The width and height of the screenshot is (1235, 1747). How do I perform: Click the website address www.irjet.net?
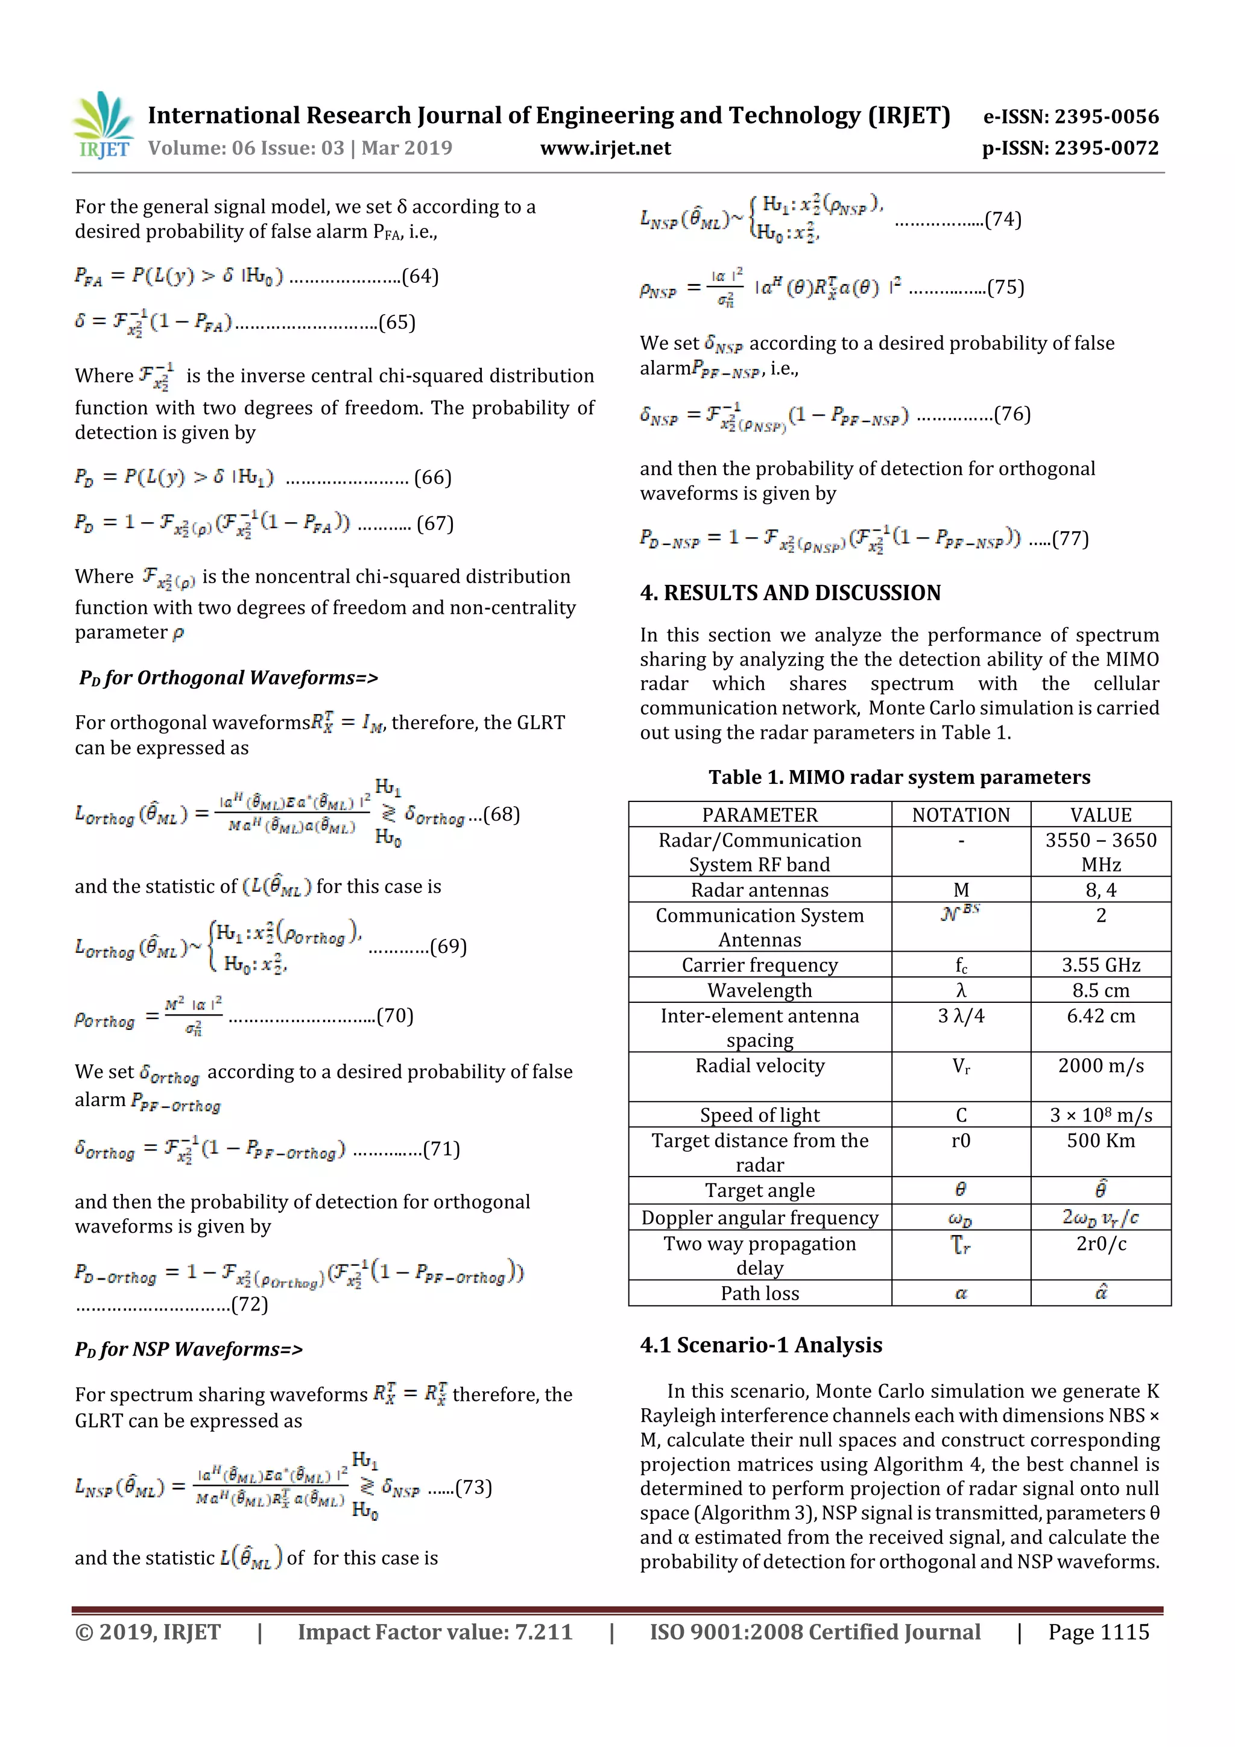pyautogui.click(x=605, y=148)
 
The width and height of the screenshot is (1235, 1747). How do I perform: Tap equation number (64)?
pyautogui.click(x=420, y=276)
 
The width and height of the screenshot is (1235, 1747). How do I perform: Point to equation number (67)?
pyautogui.click(x=435, y=523)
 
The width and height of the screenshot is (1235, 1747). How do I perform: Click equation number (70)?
pyautogui.click(x=395, y=1016)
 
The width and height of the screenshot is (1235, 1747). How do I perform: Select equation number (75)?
pyautogui.click(x=1005, y=288)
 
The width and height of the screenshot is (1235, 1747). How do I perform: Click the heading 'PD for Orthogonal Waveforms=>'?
pyautogui.click(x=229, y=677)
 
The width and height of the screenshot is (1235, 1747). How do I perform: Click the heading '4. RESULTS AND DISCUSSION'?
pyautogui.click(x=790, y=593)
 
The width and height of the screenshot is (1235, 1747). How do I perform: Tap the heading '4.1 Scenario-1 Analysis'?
pyautogui.click(x=761, y=1345)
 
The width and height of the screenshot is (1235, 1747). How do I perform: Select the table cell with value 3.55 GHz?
pyautogui.click(x=1101, y=965)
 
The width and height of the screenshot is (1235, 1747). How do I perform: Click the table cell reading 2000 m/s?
pyautogui.click(x=1101, y=1066)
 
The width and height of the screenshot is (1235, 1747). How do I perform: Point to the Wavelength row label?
pyautogui.click(x=759, y=990)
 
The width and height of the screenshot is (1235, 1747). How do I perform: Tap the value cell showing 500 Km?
pyautogui.click(x=1101, y=1140)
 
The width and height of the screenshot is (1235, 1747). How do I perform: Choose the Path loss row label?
pyautogui.click(x=759, y=1294)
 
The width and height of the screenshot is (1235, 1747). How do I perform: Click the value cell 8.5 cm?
pyautogui.click(x=1101, y=990)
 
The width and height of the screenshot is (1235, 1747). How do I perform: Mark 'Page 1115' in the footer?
pyautogui.click(x=1098, y=1632)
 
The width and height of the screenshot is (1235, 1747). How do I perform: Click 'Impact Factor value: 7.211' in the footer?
pyautogui.click(x=435, y=1632)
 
